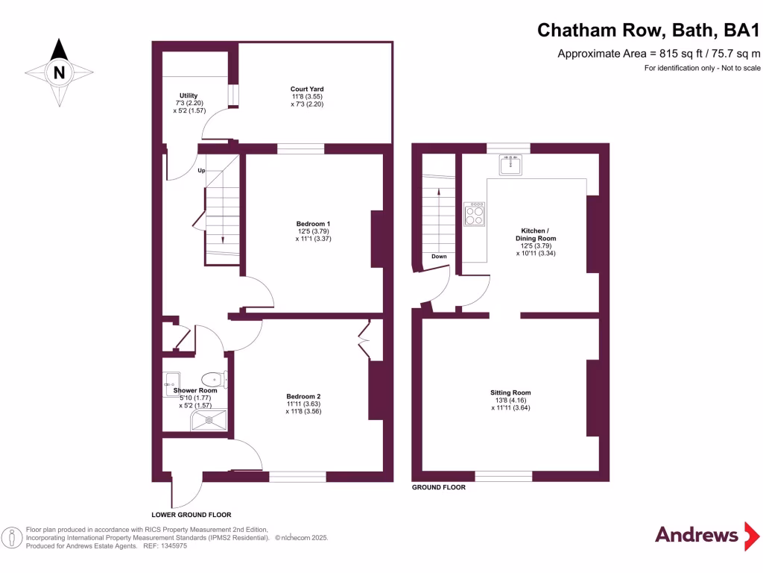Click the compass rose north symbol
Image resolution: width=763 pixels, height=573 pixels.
pos(59,72)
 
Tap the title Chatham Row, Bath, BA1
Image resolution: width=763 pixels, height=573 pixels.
pos(649,31)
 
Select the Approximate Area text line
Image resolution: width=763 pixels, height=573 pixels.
pos(659,53)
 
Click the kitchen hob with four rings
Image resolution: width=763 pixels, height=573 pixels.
pos(474,215)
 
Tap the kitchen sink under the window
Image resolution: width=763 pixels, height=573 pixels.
pos(510,163)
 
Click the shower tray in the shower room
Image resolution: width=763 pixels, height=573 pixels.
pos(209,422)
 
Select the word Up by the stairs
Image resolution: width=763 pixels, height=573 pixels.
pos(201,171)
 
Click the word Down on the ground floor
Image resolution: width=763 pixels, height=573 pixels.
pos(439,257)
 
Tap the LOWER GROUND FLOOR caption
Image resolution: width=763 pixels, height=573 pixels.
pos(191,515)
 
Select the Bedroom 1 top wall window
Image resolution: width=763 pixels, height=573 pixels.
pos(300,149)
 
